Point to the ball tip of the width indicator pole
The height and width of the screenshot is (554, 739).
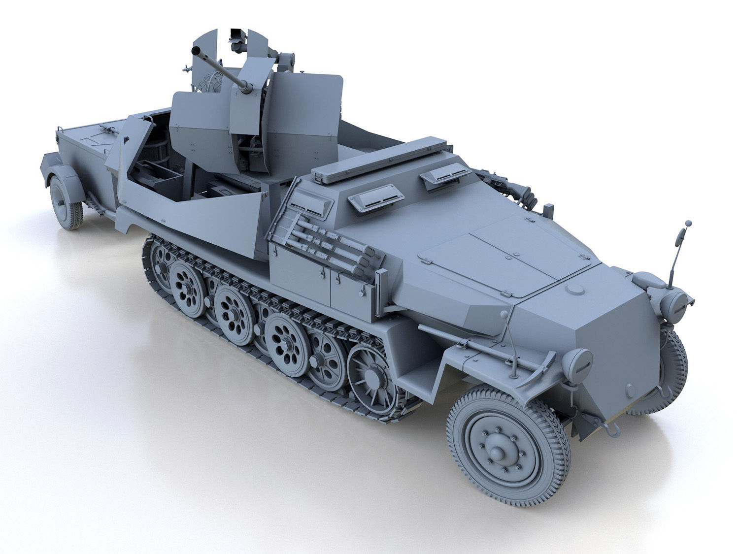coord(688,224)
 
